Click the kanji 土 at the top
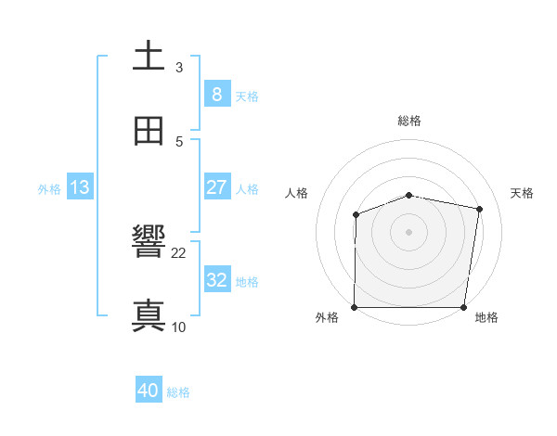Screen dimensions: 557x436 [x=149, y=57]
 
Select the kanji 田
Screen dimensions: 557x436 [x=149, y=131]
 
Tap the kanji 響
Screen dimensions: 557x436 [x=149, y=243]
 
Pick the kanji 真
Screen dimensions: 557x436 [x=149, y=316]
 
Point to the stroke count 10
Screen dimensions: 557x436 [x=179, y=327]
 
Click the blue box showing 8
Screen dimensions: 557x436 [x=216, y=95]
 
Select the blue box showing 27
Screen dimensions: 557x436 [x=216, y=187]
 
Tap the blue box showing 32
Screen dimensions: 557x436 [x=216, y=280]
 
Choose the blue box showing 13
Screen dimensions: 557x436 [x=79, y=187]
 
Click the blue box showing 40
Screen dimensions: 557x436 [x=149, y=391]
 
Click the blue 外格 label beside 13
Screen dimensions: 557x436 [x=49, y=188]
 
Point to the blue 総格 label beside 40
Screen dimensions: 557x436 [x=178, y=392]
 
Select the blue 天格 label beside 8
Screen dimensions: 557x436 [x=247, y=96]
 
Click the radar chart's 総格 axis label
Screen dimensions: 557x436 [x=409, y=121]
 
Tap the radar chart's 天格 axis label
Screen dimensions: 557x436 [x=523, y=193]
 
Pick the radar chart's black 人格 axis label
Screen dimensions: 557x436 [x=297, y=193]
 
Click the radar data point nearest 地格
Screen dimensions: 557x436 [x=464, y=307]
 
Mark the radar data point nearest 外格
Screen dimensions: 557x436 [x=355, y=307]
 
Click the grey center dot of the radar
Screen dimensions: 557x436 [x=409, y=232]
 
